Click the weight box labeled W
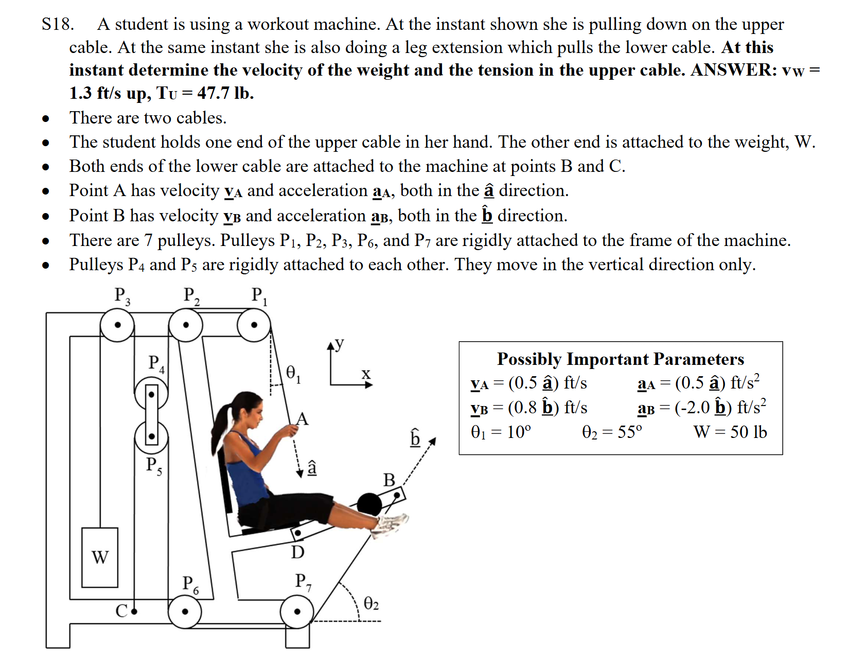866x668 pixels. [100, 557]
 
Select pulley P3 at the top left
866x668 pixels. [117, 325]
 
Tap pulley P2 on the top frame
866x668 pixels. [186, 325]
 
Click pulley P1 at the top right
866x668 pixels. [254, 325]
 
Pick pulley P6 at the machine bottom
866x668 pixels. [185, 611]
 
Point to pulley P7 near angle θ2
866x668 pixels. [297, 611]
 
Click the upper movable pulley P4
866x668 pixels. [151, 395]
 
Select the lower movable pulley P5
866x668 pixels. [151, 436]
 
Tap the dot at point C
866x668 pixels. [134, 611]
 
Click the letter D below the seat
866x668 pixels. [297, 552]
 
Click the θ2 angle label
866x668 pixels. [371, 603]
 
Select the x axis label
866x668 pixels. [366, 374]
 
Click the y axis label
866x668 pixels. [339, 343]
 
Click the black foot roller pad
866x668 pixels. [369, 504]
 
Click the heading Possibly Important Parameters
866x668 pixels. [621, 359]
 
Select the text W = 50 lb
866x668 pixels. [730, 432]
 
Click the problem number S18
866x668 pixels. [58, 24]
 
